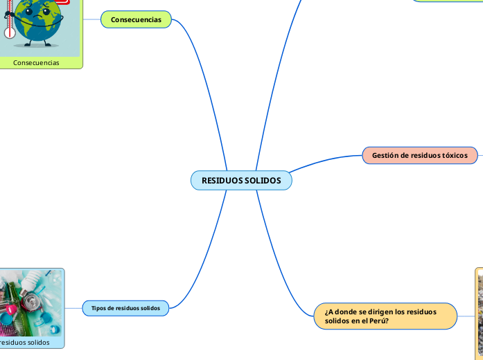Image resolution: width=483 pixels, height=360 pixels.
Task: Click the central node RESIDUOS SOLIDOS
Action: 241,181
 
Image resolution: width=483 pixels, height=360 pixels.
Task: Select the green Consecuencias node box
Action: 136,19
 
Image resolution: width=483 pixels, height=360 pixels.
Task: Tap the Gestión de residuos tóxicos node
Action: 420,156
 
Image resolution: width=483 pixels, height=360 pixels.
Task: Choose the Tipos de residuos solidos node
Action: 125,307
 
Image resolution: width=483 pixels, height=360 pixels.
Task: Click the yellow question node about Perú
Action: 385,316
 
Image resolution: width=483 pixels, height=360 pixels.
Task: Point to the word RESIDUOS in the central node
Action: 222,181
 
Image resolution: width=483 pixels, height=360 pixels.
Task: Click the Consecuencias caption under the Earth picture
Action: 36,62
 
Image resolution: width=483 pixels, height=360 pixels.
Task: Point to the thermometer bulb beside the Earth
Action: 9,33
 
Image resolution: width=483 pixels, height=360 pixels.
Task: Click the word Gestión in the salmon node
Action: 385,156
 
